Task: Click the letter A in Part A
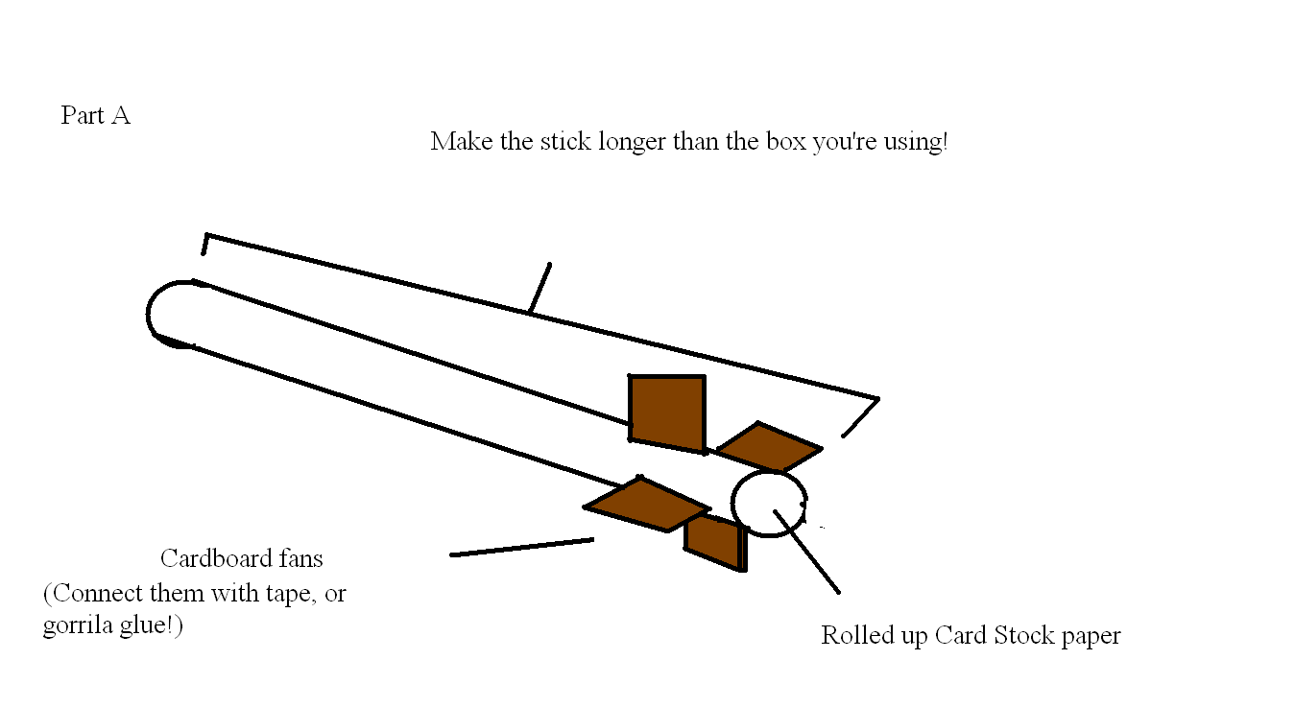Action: tap(120, 116)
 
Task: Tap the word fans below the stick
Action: tap(296, 558)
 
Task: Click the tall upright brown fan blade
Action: tap(667, 412)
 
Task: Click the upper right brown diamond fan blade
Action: tap(769, 447)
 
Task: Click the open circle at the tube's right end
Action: tap(768, 503)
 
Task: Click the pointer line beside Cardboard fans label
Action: tap(521, 547)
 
